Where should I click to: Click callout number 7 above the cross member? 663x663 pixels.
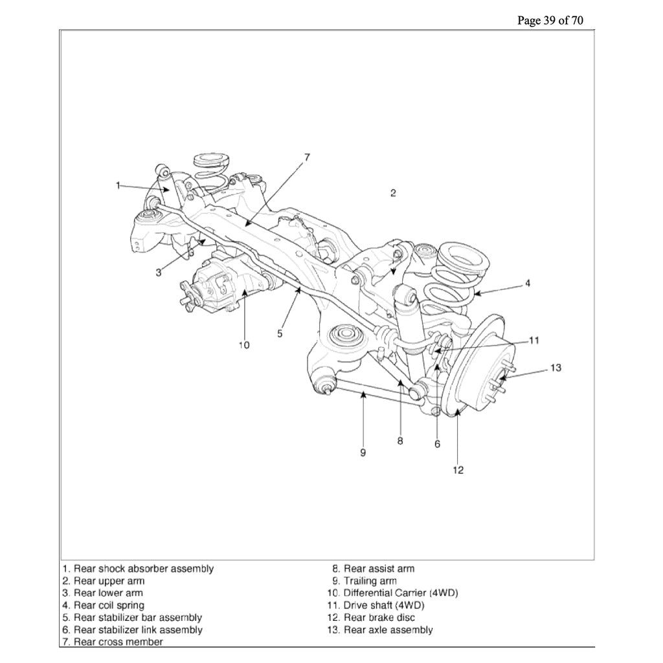307,157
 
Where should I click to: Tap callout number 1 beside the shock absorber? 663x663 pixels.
118,185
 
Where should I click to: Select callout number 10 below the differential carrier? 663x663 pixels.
243,345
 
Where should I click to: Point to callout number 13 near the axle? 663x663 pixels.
556,368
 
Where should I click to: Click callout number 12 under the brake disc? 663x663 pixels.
458,470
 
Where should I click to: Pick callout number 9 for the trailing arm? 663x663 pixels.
363,452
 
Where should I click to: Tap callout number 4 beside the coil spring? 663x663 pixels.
528,284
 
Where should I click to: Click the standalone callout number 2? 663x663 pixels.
393,193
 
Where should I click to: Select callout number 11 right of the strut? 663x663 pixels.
534,339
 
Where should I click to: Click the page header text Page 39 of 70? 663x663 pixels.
550,20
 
